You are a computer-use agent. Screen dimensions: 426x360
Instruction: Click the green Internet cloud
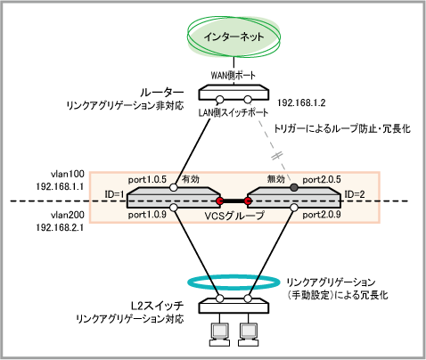pos(233,37)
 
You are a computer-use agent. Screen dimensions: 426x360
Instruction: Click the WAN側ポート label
pos(233,75)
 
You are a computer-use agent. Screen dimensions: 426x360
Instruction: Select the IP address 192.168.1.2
pos(301,102)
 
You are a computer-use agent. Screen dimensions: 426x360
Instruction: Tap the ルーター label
pos(162,93)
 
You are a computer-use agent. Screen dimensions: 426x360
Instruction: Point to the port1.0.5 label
pos(147,180)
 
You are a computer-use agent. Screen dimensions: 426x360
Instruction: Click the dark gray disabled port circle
pos(294,187)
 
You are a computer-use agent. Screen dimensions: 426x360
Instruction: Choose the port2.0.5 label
pos(322,180)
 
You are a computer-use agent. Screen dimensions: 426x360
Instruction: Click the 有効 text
pos(191,179)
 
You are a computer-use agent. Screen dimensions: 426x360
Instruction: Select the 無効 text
pos(276,179)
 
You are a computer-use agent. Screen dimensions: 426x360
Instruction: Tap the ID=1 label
pos(114,194)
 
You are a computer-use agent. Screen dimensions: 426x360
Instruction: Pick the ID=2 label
pos(355,194)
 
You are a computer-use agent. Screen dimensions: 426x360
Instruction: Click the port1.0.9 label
pos(147,215)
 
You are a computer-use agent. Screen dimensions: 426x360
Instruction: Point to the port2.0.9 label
pos(322,215)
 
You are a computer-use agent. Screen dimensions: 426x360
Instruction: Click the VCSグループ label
pos(234,216)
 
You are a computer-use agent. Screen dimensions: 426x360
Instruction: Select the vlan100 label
pos(68,174)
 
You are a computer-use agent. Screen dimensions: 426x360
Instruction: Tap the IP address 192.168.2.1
pos(60,227)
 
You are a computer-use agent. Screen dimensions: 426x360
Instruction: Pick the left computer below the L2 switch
pos(220,334)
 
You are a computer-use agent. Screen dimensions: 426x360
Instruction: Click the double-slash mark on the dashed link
pos(277,155)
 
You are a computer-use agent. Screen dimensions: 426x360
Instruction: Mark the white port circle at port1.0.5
pos(174,187)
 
